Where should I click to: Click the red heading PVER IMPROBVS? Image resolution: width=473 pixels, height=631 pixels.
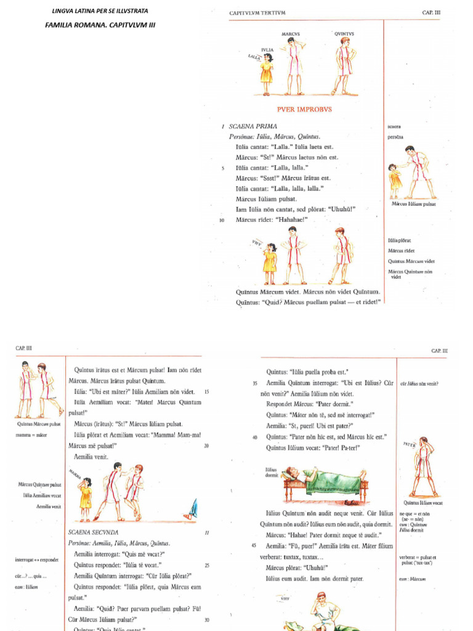point(296,109)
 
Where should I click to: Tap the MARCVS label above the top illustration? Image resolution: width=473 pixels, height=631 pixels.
point(290,34)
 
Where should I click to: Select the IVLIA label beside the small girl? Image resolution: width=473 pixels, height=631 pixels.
point(267,49)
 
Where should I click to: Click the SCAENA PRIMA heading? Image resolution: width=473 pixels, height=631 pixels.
point(253,126)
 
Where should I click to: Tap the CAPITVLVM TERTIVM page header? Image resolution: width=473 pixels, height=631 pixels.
point(257,12)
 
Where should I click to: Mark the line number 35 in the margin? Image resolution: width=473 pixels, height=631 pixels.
point(255,383)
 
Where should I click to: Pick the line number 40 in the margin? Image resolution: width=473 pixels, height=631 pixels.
point(255,437)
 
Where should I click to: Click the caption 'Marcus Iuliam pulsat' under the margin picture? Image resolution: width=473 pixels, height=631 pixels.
point(414,204)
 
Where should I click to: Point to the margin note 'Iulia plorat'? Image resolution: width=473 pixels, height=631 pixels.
point(399,240)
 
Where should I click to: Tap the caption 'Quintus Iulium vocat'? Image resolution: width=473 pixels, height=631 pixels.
point(423,503)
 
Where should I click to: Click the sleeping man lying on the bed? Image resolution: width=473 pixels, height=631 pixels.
point(320,478)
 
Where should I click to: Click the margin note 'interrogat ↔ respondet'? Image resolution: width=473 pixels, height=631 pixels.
point(37,560)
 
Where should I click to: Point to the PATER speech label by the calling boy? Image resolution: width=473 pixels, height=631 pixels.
point(410,444)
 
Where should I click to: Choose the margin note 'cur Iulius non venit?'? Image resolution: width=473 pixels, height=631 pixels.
point(419,383)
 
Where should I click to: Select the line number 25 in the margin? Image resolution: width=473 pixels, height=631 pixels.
point(207,565)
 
